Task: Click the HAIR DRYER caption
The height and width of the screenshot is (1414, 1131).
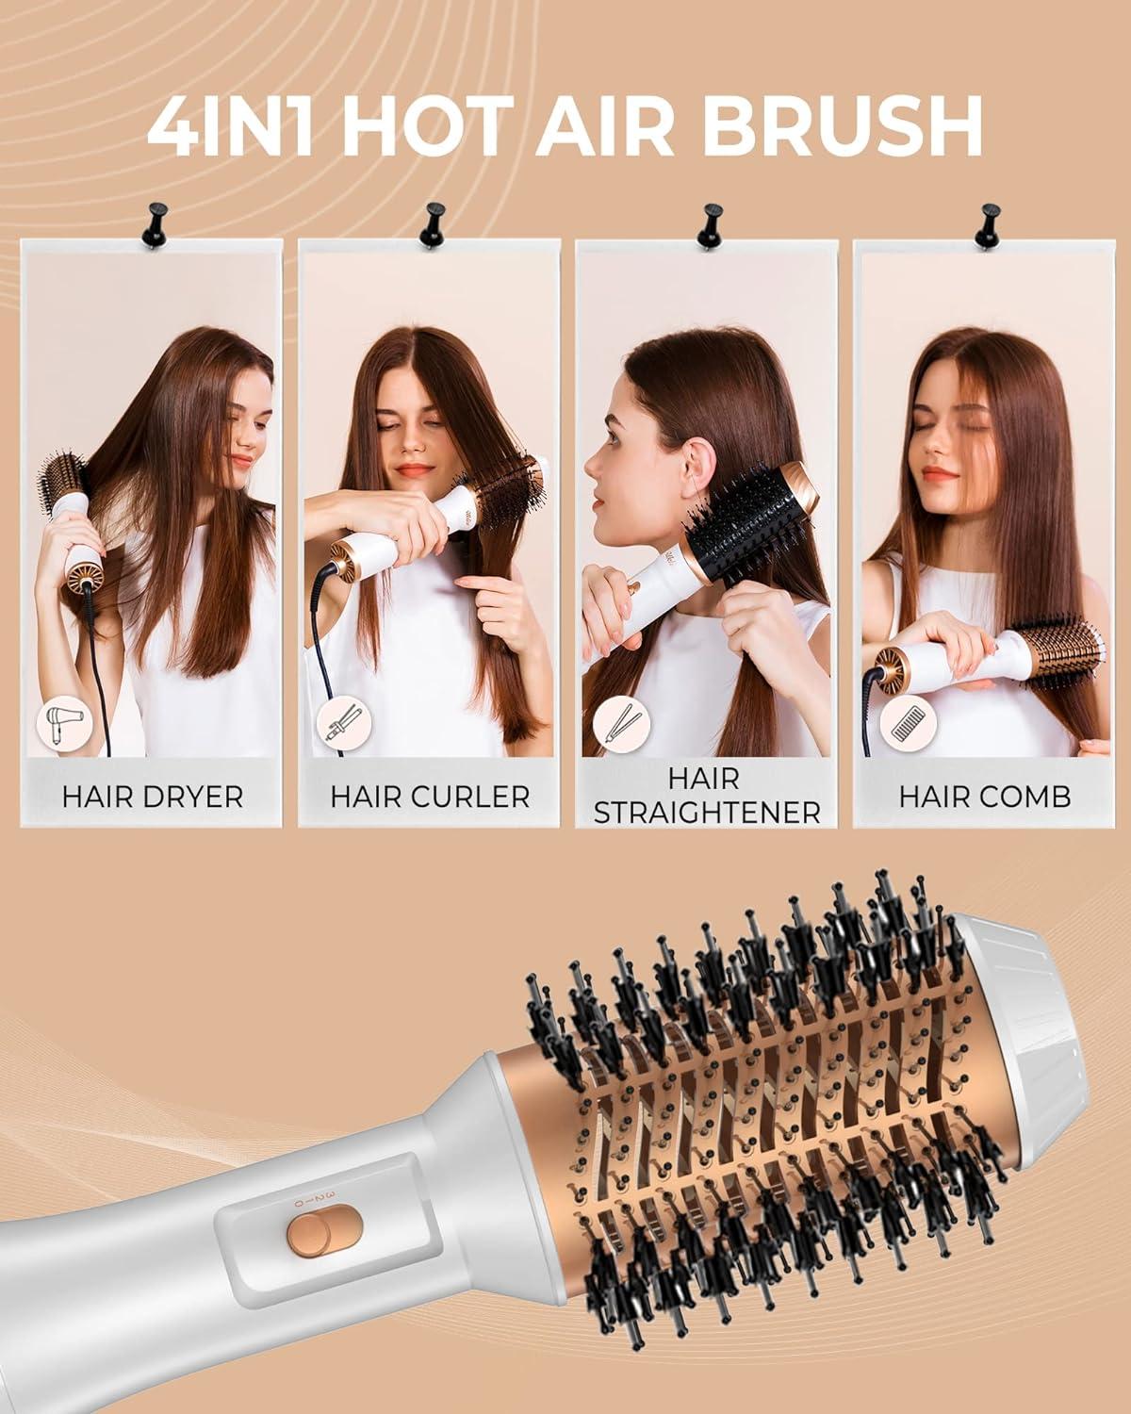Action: tap(153, 796)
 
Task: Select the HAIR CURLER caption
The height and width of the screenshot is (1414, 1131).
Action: tap(430, 796)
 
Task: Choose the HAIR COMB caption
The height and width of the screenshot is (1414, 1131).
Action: tap(984, 796)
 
